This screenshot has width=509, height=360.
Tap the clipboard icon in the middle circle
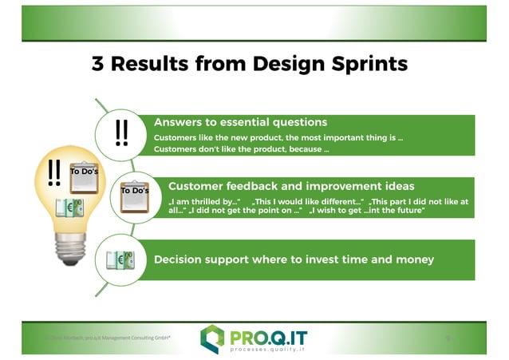pyautogui.click(x=134, y=197)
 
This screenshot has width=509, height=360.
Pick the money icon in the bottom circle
pyautogui.click(x=122, y=260)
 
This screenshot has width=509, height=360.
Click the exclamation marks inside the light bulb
pyautogui.click(x=54, y=172)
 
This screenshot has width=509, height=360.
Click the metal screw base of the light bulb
pyautogui.click(x=73, y=255)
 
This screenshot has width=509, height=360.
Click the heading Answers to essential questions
pyautogui.click(x=240, y=122)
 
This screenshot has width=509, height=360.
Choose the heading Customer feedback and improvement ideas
pyautogui.click(x=291, y=186)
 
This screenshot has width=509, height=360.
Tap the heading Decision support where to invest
pyautogui.click(x=294, y=259)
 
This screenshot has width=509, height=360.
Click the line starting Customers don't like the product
pyautogui.click(x=241, y=149)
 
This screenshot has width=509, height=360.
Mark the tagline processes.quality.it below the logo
pyautogui.click(x=268, y=349)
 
